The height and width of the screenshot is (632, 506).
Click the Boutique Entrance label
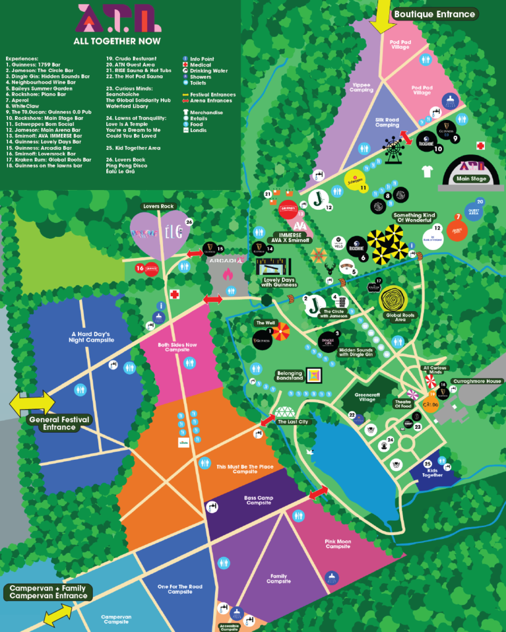pyautogui.click(x=435, y=14)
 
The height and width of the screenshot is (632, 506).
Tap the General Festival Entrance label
pyautogui.click(x=59, y=423)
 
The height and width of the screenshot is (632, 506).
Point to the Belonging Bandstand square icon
pyautogui.click(x=315, y=375)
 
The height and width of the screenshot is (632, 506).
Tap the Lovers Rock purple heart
pyautogui.click(x=159, y=231)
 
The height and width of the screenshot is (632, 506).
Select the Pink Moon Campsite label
pyautogui.click(x=338, y=544)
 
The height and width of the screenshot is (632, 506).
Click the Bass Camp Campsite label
pyautogui.click(x=258, y=500)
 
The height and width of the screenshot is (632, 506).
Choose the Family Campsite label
pyautogui.click(x=277, y=579)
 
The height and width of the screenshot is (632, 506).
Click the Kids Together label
pyautogui.click(x=432, y=472)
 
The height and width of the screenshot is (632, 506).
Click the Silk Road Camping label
pyautogui.click(x=387, y=122)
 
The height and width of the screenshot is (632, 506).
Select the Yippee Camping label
pyautogui.click(x=361, y=88)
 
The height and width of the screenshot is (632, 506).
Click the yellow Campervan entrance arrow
pyautogui.click(x=57, y=614)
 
